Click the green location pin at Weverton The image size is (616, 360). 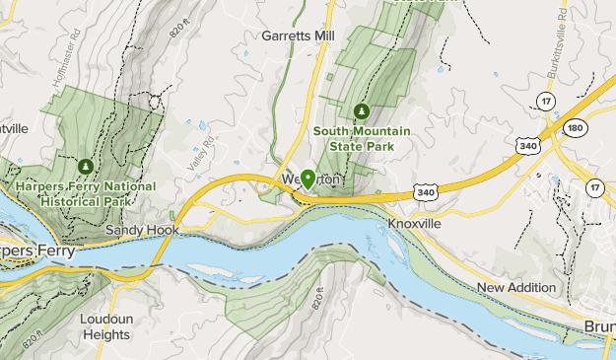(x=308, y=179)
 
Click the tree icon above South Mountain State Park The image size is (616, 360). (x=362, y=111)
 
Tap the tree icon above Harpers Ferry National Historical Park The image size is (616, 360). (x=87, y=166)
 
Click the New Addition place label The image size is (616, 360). (x=516, y=287)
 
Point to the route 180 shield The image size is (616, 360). (x=576, y=128)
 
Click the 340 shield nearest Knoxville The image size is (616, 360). (x=425, y=191)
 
